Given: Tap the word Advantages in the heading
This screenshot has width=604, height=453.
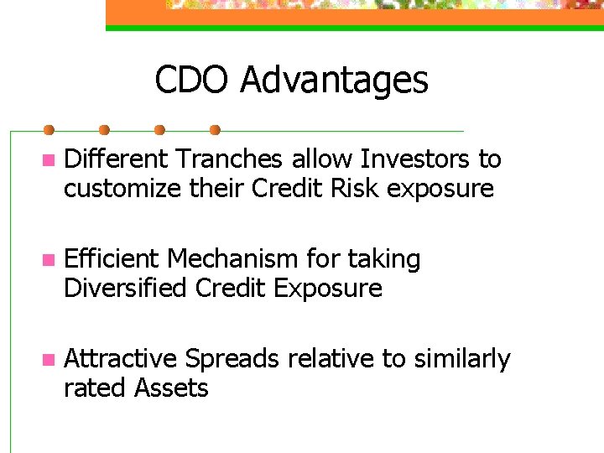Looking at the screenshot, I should pyautogui.click(x=334, y=81).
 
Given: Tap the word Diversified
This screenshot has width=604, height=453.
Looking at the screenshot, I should pyautogui.click(x=126, y=289).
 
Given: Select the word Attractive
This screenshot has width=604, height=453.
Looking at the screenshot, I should pyautogui.click(x=121, y=359).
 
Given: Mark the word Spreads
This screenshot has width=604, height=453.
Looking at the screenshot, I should pyautogui.click(x=232, y=359).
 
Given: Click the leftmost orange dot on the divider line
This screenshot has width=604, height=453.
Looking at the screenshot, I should pyautogui.click(x=49, y=130).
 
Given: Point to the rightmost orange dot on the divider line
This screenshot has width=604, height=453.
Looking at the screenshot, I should pyautogui.click(x=215, y=130).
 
